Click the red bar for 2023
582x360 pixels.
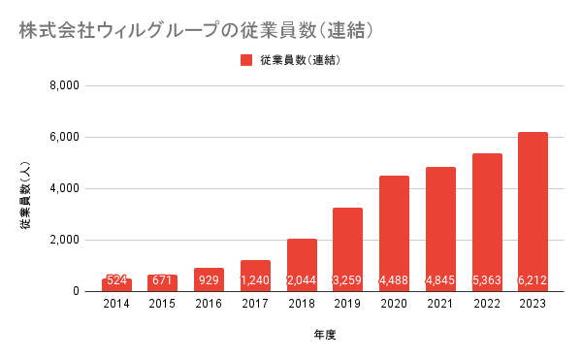533,212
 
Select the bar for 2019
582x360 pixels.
347,249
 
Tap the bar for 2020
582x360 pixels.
394,234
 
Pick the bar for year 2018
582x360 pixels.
302,265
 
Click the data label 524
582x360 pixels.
116,279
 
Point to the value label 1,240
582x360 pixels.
255,279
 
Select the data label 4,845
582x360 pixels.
440,279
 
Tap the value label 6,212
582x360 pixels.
533,279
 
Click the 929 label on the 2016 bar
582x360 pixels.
209,279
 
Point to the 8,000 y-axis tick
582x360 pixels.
65,85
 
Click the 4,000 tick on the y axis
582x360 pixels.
65,188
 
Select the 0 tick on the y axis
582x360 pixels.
76,291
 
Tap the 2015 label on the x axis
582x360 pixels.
162,304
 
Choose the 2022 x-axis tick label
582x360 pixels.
487,304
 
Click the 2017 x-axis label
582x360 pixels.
255,304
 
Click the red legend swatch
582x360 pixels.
246,60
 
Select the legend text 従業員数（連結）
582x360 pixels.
301,60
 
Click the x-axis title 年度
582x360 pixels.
325,335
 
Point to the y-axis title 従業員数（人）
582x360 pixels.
25,195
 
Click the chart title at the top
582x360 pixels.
196,30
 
